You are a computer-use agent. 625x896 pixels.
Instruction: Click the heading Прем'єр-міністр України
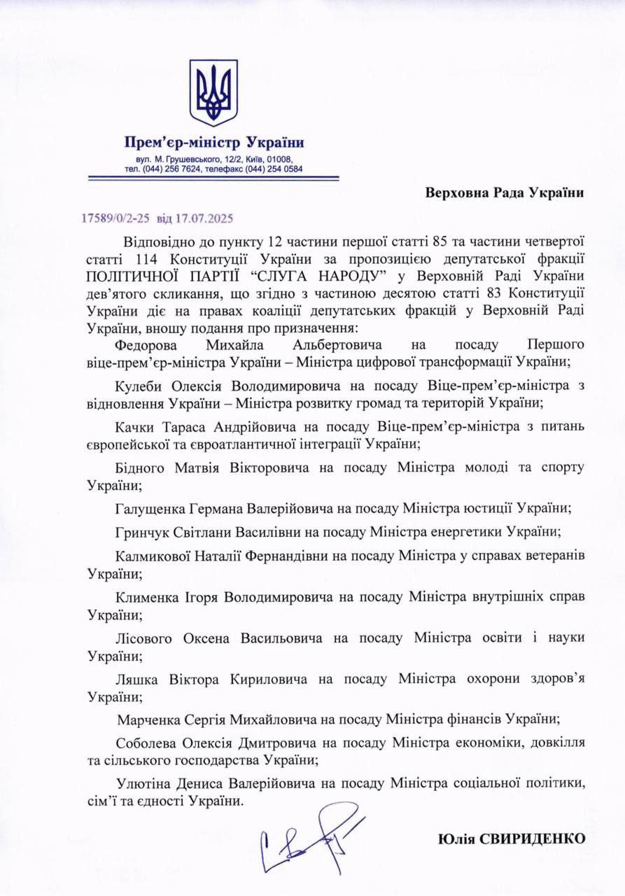pos(213,143)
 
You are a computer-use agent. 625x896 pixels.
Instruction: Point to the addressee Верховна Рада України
pos(504,192)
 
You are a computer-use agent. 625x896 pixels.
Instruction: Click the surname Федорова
pos(148,346)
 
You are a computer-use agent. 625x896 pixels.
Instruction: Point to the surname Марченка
pos(148,718)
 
